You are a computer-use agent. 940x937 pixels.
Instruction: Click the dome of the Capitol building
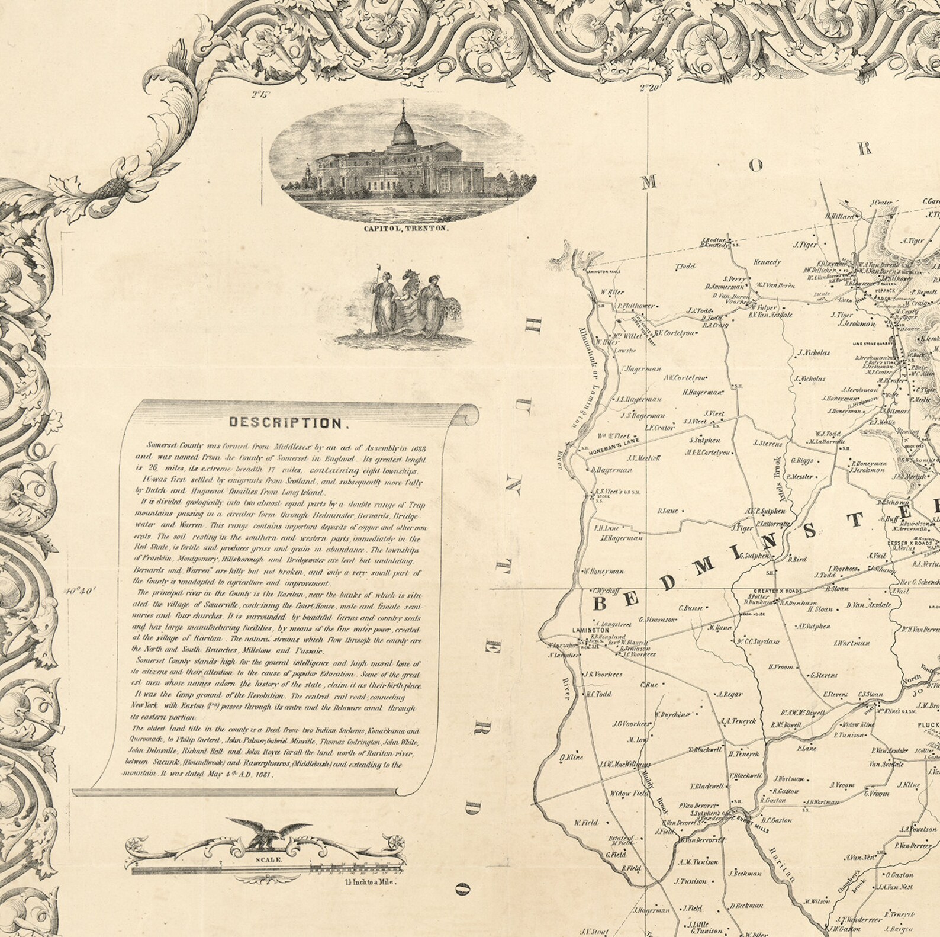point(403,128)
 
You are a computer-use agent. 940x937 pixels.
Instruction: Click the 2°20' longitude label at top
point(649,89)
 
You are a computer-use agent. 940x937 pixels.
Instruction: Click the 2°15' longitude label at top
point(259,93)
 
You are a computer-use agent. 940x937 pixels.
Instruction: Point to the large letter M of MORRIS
point(649,183)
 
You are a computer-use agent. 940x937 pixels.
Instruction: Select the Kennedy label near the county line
point(767,262)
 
